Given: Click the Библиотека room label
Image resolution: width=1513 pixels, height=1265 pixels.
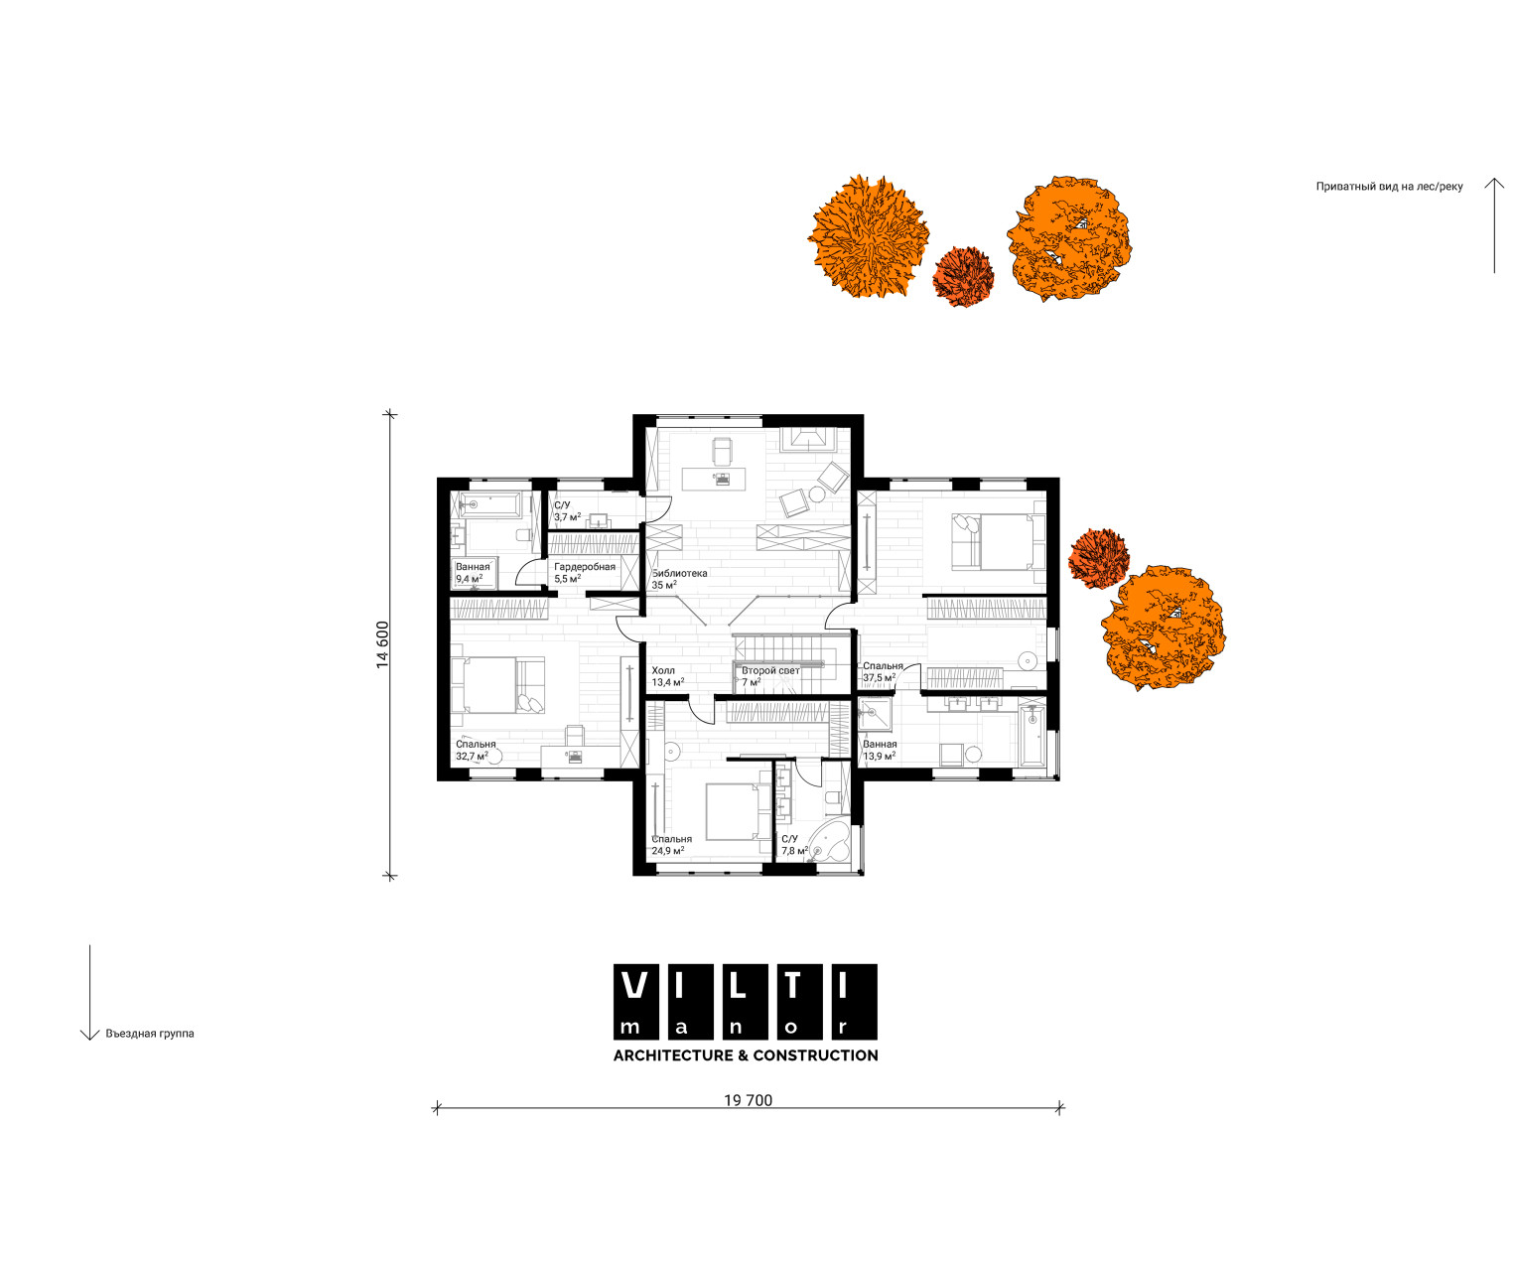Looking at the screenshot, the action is [680, 573].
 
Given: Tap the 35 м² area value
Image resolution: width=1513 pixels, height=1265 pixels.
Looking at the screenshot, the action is [664, 584].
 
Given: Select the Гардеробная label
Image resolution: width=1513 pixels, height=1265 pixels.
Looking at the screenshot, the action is [585, 567].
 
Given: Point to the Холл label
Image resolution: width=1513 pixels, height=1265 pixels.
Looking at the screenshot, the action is [663, 670].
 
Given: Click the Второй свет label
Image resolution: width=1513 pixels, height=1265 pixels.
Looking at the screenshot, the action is [770, 670].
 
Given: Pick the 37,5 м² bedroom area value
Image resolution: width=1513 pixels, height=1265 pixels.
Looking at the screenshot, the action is [879, 678].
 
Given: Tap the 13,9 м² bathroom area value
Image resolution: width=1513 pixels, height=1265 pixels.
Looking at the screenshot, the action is [879, 756].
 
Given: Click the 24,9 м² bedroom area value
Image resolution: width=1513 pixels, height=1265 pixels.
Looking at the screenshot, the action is [668, 850].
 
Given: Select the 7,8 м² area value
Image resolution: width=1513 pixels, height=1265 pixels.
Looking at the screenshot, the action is [794, 850].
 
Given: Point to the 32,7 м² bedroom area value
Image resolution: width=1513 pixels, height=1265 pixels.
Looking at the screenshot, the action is [472, 756].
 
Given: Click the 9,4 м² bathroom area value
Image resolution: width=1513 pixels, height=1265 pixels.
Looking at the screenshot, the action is [469, 579].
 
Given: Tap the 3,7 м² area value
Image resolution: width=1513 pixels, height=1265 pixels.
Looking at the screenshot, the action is [568, 517].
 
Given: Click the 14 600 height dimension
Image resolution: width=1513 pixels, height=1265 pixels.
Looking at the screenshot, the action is [382, 644].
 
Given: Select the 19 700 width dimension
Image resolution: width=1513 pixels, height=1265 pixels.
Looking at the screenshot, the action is [748, 1100].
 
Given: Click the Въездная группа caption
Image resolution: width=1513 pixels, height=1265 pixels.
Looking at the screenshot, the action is [150, 1034].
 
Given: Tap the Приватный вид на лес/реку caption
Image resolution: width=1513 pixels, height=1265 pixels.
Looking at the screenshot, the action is [1389, 187].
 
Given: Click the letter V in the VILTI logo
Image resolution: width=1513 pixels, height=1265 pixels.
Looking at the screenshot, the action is [635, 985].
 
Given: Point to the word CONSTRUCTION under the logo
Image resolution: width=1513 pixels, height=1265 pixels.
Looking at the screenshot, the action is [815, 1055].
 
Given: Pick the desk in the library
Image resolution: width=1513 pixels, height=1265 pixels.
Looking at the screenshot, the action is [714, 479].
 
